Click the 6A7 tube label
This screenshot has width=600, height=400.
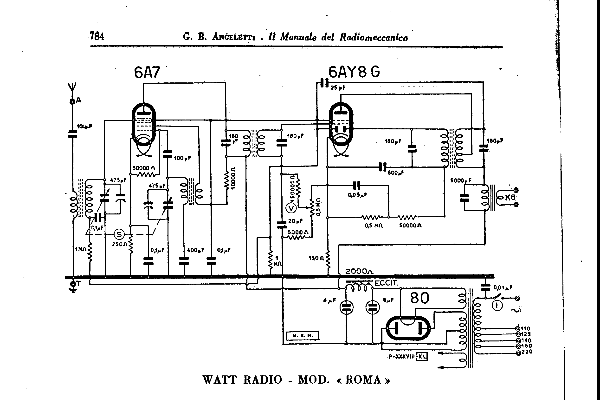click(147, 73)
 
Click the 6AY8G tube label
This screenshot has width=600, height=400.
click(354, 72)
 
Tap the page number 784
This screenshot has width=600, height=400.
click(97, 36)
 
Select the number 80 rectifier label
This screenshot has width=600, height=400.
click(419, 298)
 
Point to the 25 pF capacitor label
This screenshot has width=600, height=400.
click(338, 88)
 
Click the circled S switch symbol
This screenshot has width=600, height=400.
click(119, 234)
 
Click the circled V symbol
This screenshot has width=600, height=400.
click(291, 208)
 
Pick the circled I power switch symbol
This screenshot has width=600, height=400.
click(497, 306)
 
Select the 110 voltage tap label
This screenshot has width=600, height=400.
click(526, 329)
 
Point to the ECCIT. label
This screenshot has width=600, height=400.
click(386, 283)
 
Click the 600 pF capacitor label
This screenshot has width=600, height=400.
click(395, 173)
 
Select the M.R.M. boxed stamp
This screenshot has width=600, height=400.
click(303, 336)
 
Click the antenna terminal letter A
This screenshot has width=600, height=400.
click(78, 100)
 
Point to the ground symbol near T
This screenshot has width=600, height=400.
click(73, 290)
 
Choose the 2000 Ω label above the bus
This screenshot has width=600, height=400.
click(359, 271)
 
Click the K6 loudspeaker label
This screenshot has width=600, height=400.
click(510, 197)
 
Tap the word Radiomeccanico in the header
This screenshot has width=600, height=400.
click(374, 37)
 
